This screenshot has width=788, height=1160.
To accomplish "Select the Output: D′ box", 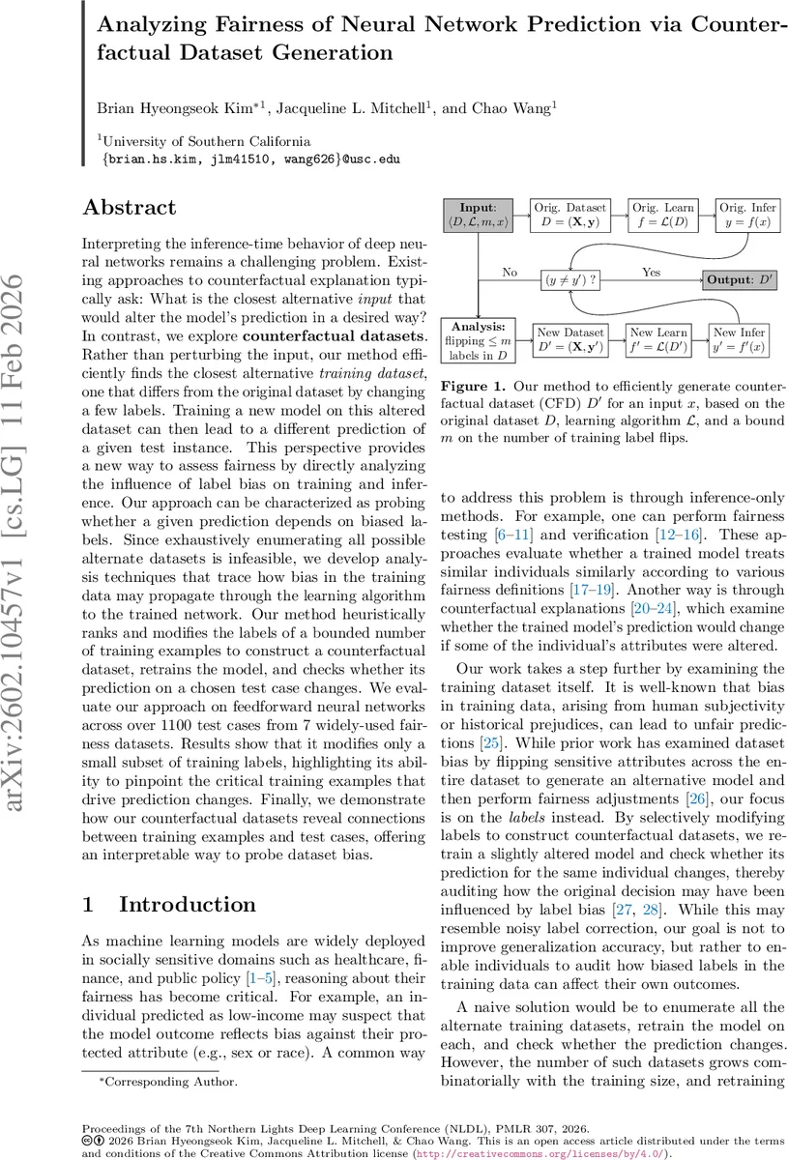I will click(x=741, y=279).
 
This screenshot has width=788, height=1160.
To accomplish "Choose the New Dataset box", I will click(x=570, y=340).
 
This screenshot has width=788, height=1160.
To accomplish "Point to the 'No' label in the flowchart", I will click(x=510, y=272).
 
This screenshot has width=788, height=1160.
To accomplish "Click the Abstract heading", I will click(x=130, y=208).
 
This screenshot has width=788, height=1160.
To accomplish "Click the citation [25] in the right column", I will click(x=473, y=742).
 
